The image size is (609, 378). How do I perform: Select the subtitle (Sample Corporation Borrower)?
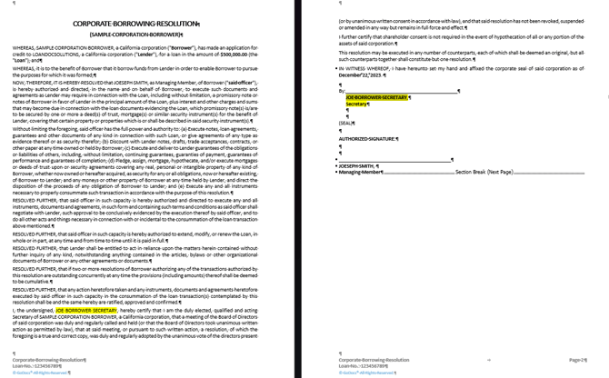click(x=148, y=34)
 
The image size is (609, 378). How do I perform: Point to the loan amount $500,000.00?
click(x=257, y=52)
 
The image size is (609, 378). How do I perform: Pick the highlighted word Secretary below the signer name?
click(x=357, y=104)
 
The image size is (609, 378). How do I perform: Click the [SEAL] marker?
click(x=346, y=123)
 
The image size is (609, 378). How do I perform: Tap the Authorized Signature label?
click(x=367, y=139)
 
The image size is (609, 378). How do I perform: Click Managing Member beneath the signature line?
click(x=361, y=173)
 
